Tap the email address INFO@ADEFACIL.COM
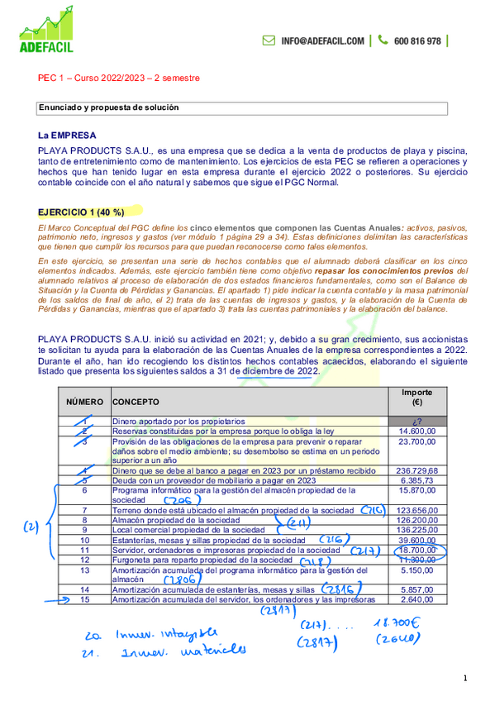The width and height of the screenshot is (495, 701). [322, 41]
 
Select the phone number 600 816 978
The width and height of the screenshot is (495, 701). [417, 41]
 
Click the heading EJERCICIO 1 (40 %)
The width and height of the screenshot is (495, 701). [81, 212]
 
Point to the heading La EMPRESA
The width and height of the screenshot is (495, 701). [67, 135]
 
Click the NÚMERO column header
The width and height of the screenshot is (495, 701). [83, 401]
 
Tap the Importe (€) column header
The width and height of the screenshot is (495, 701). [418, 397]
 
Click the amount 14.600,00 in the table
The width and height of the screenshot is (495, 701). [417, 432]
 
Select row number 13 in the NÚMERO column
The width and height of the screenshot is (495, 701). [84, 570]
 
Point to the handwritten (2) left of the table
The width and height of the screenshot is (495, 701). [31, 526]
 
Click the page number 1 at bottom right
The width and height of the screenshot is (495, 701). [465, 679]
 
